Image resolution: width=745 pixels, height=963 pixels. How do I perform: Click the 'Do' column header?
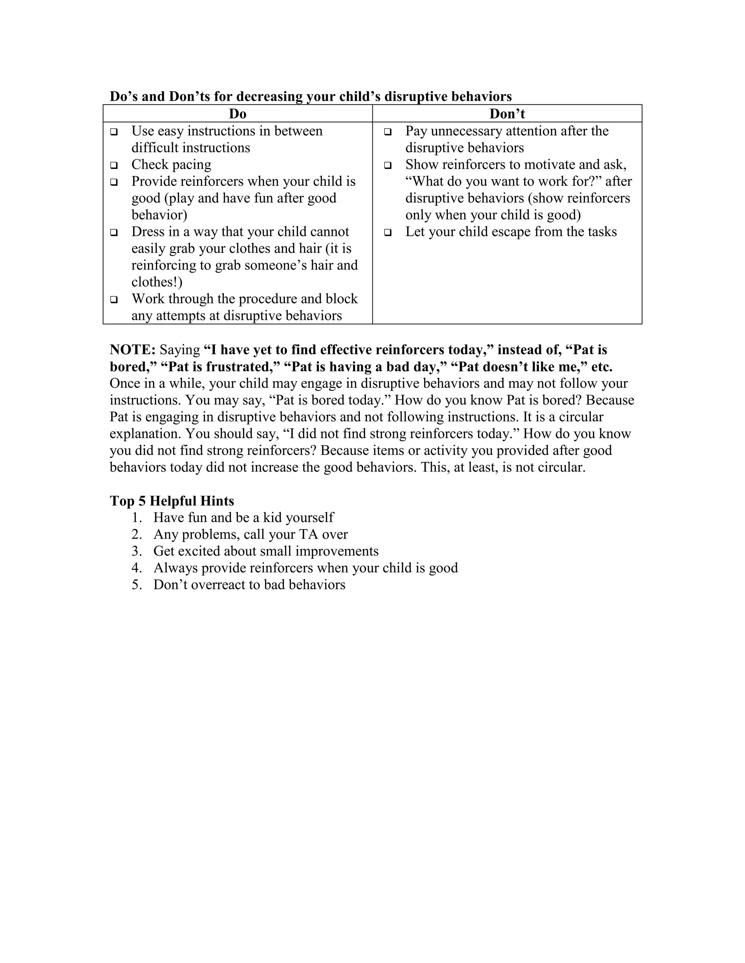click(x=238, y=114)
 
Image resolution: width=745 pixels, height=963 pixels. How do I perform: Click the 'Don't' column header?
click(x=507, y=114)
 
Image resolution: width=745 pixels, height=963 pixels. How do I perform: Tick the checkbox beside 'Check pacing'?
click(x=114, y=165)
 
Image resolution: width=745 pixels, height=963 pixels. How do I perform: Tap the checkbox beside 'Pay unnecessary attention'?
click(x=388, y=132)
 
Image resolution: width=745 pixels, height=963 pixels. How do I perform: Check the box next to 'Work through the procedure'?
click(x=114, y=299)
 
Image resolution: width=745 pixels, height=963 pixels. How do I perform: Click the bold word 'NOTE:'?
click(x=132, y=350)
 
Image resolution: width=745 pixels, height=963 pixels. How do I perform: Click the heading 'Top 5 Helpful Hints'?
click(x=172, y=501)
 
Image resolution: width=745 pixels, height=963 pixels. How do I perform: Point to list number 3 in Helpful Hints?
click(x=136, y=551)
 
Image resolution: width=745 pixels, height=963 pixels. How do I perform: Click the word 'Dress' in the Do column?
click(x=148, y=232)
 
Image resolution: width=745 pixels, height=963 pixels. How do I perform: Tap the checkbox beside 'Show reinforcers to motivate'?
click(x=388, y=165)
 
